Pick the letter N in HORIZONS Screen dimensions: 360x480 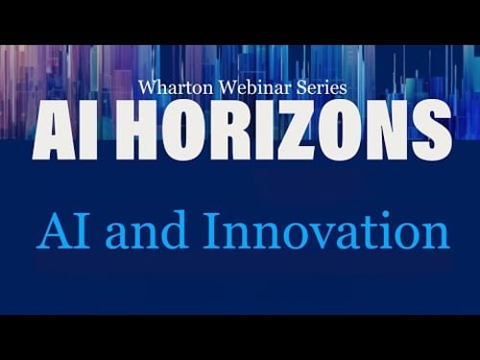(x=395, y=132)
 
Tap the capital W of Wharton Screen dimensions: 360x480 (x=148, y=85)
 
